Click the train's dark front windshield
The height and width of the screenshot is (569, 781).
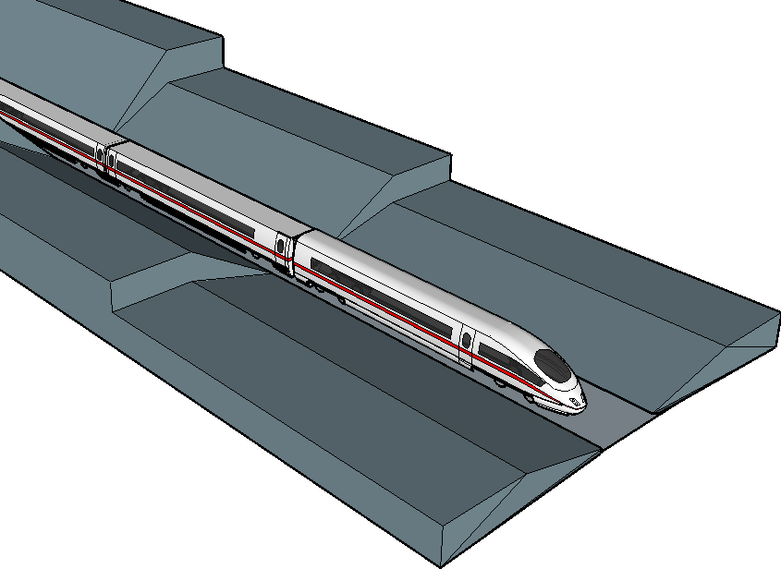pyautogui.click(x=555, y=367)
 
